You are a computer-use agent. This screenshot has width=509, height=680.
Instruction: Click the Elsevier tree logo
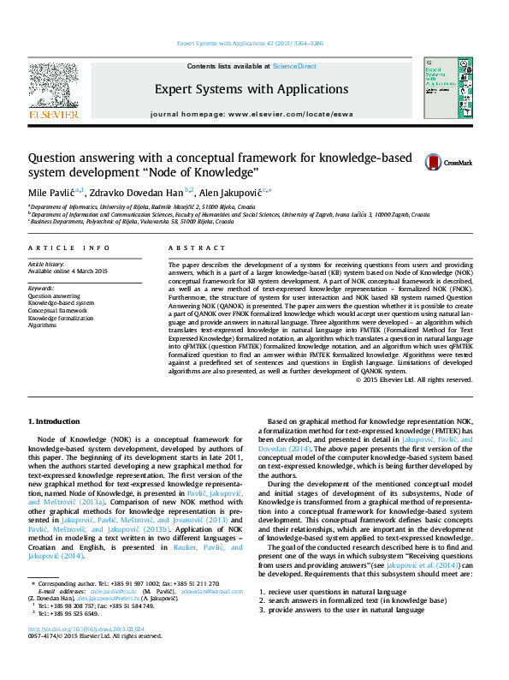(x=53, y=86)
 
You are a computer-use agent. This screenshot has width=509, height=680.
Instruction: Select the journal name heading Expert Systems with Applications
(x=252, y=89)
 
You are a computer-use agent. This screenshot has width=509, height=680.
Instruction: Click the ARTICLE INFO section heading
(x=69, y=248)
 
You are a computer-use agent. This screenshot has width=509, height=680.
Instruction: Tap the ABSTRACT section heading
(x=191, y=248)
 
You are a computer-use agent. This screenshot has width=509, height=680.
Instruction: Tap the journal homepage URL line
(x=252, y=114)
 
